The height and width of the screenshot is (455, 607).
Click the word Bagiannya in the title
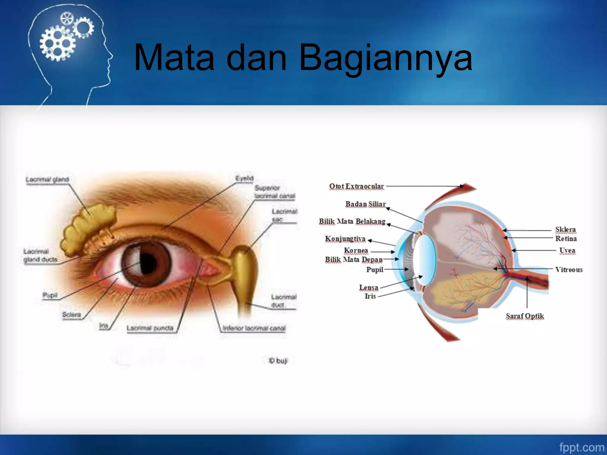pyautogui.click(x=385, y=58)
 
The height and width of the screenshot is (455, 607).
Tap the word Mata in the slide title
pyautogui.click(x=174, y=58)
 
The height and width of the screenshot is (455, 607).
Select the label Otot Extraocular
pyautogui.click(x=357, y=186)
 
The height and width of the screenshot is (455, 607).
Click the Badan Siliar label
pyautogui.click(x=365, y=204)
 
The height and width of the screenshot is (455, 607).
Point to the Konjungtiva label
pyautogui.click(x=345, y=239)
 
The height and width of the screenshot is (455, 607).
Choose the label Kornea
pyautogui.click(x=356, y=251)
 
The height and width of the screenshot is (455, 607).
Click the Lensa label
pyautogui.click(x=368, y=287)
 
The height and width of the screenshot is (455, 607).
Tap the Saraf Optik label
pyautogui.click(x=525, y=316)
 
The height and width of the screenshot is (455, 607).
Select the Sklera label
pyautogui.click(x=566, y=230)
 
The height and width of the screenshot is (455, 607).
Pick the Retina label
pyautogui.click(x=566, y=238)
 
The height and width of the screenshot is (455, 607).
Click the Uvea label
pyautogui.click(x=567, y=251)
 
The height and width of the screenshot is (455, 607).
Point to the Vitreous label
pyautogui.click(x=569, y=270)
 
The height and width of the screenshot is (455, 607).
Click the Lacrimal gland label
pyautogui.click(x=47, y=180)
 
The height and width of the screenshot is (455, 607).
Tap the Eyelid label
pyautogui.click(x=244, y=178)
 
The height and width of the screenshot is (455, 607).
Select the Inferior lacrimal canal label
pyautogui.click(x=254, y=328)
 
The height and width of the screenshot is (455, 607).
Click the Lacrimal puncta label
pyautogui.click(x=150, y=328)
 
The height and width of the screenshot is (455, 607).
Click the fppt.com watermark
pyautogui.click(x=582, y=447)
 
